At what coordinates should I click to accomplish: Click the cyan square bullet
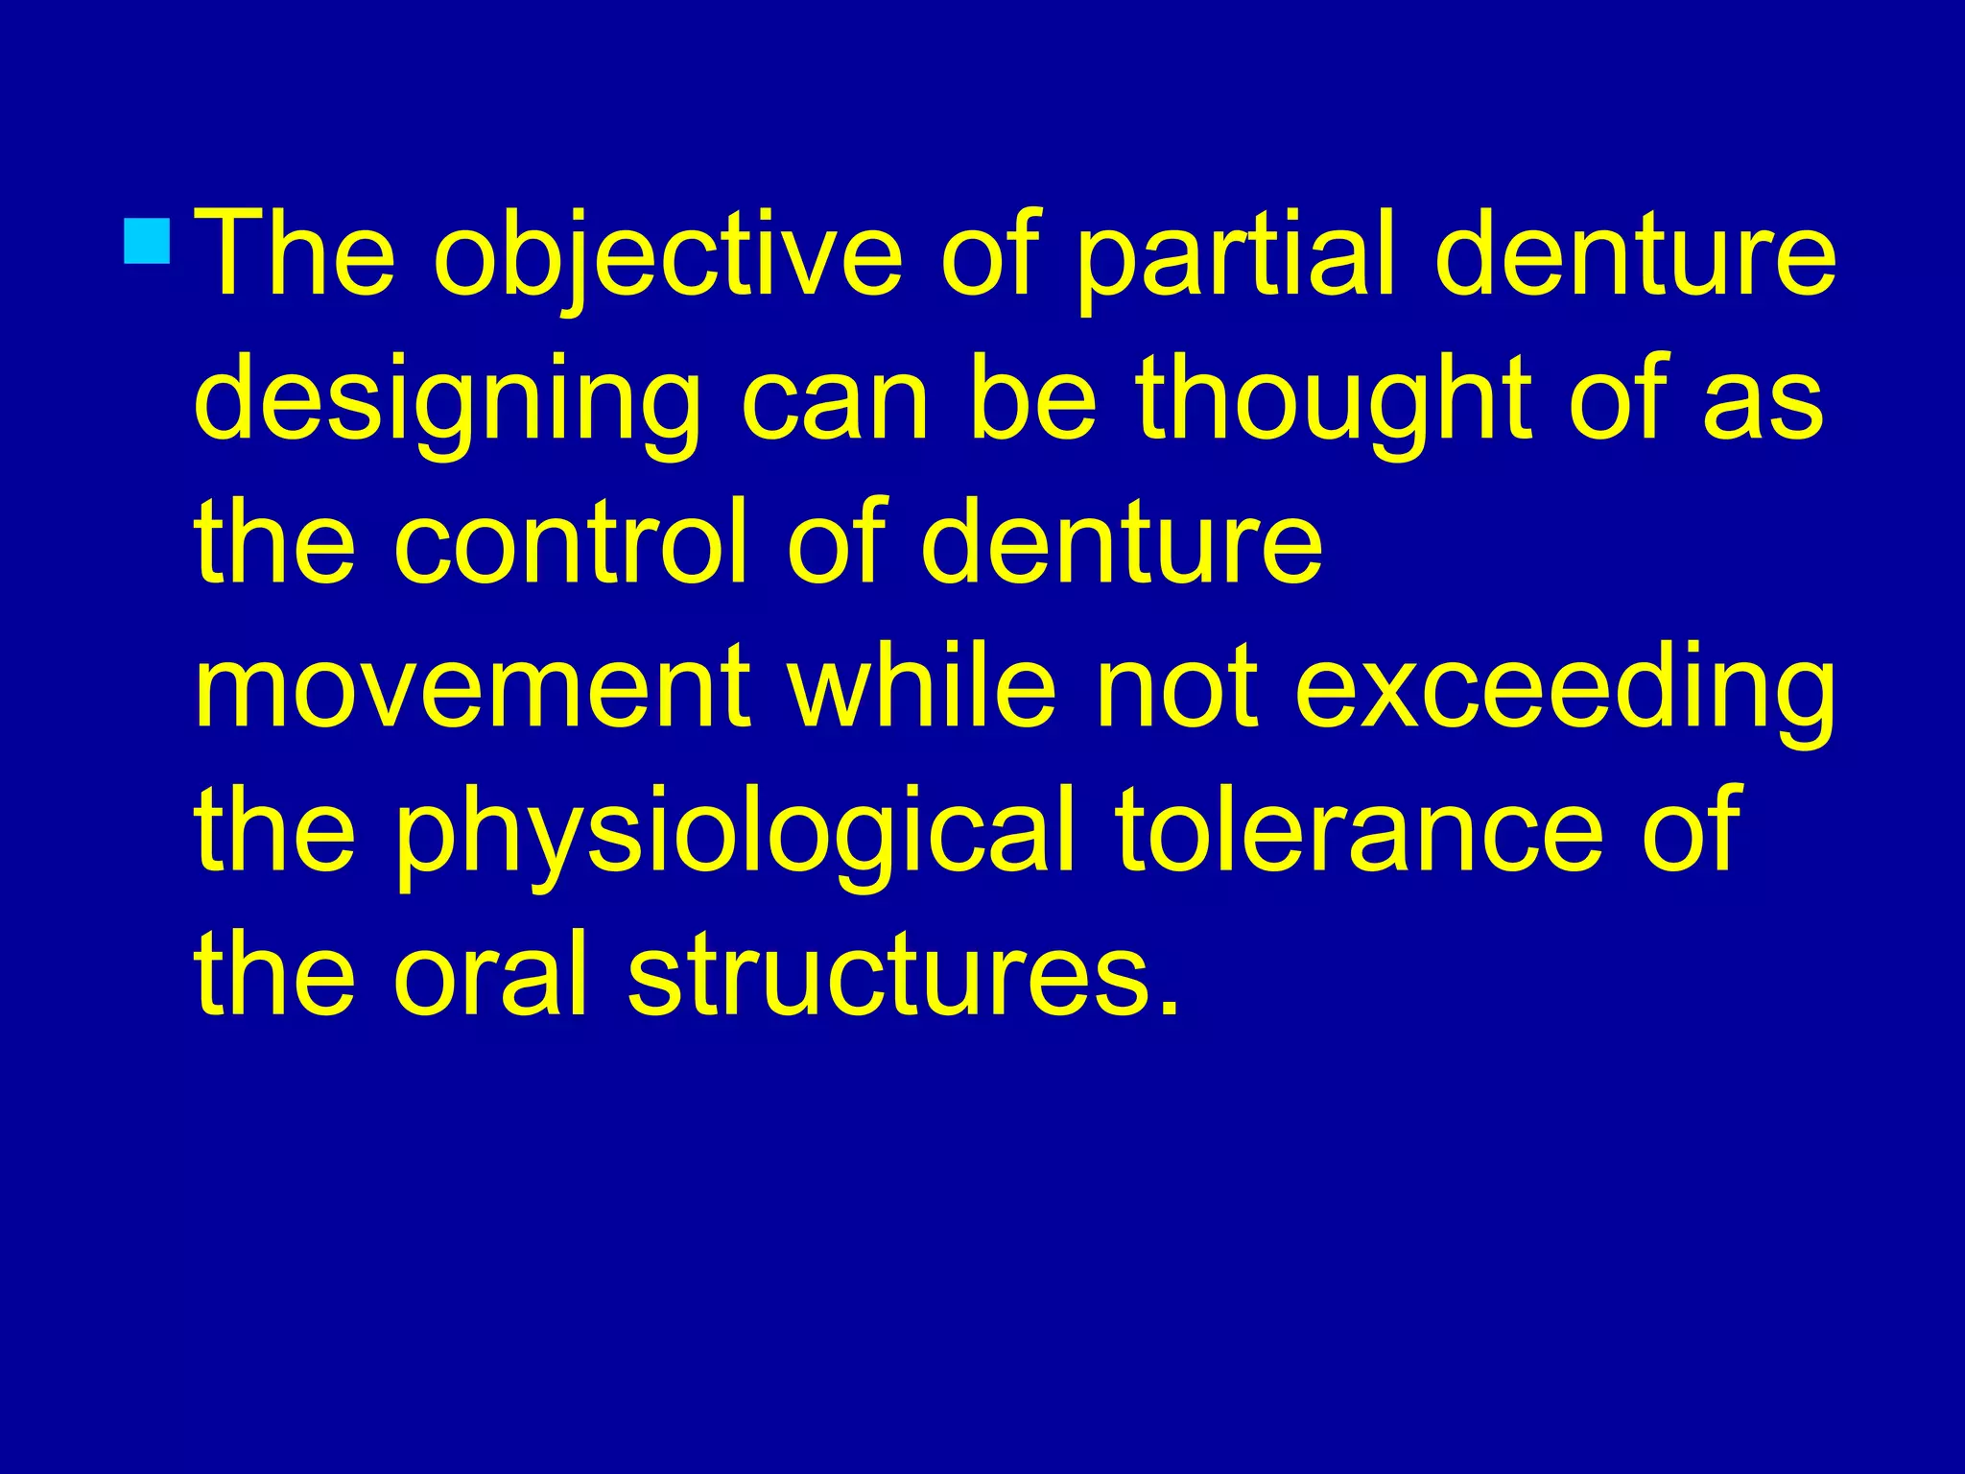(148, 240)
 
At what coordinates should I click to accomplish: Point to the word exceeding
(1564, 691)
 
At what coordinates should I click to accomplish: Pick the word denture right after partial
(1635, 255)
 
